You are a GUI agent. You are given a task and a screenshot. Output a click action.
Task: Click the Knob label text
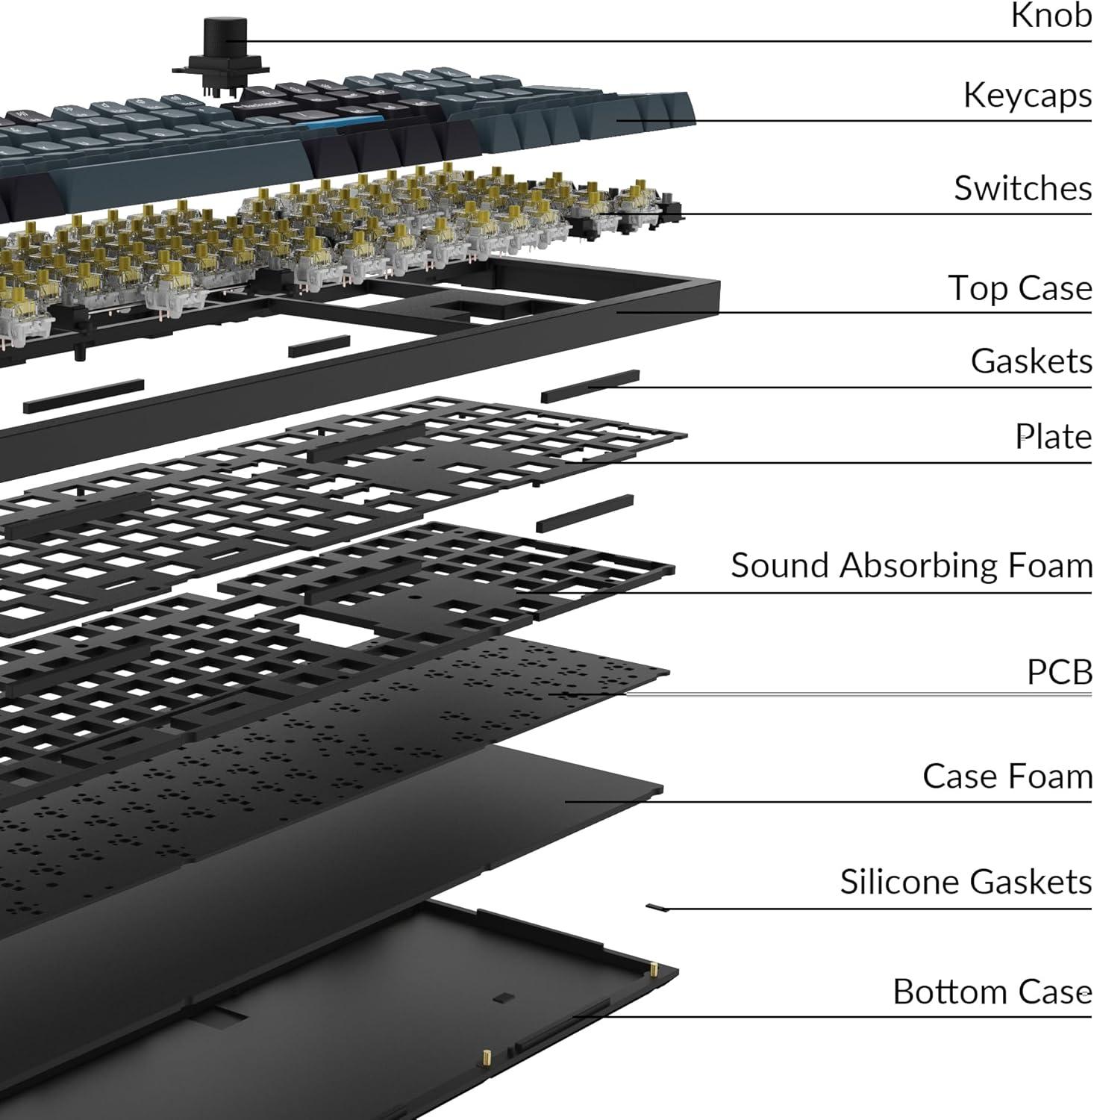click(x=1051, y=16)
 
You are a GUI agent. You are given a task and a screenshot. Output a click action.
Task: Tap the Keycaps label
click(x=1027, y=96)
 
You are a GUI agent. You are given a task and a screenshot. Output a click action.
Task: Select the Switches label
click(x=1022, y=188)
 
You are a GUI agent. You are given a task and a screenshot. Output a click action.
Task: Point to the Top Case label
click(x=1019, y=288)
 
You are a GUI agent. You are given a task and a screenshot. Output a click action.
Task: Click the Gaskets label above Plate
click(x=1031, y=361)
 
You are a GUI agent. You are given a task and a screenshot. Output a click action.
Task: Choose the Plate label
click(x=1053, y=437)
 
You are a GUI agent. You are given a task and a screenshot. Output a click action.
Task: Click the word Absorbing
click(x=920, y=565)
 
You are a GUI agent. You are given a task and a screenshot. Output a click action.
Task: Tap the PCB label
click(x=1059, y=672)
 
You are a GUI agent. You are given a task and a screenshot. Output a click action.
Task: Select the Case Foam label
click(x=1007, y=777)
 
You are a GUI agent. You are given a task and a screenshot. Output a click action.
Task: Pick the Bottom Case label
click(x=992, y=992)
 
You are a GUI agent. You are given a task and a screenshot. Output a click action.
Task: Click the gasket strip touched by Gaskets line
click(x=590, y=385)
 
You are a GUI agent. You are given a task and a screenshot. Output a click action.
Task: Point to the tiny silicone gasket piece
click(x=657, y=907)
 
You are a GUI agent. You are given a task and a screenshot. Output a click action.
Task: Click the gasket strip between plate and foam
click(x=584, y=513)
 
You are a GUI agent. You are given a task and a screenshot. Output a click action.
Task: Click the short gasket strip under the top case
click(x=319, y=346)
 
